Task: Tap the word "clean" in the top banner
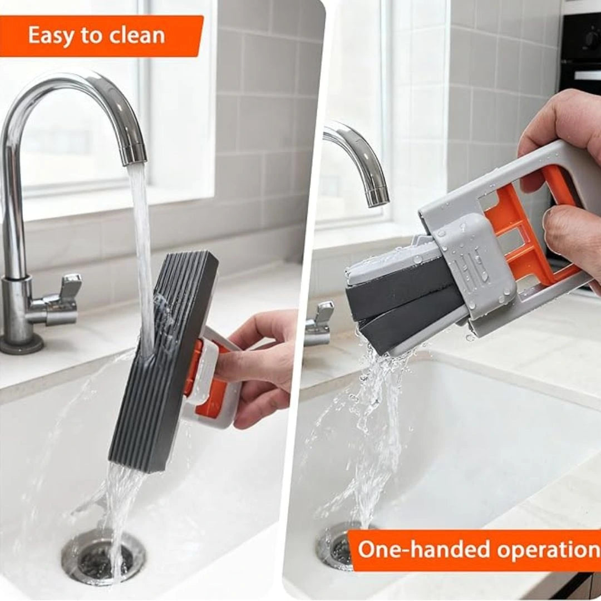[x=136, y=36]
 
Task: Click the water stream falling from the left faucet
[x=142, y=250]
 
